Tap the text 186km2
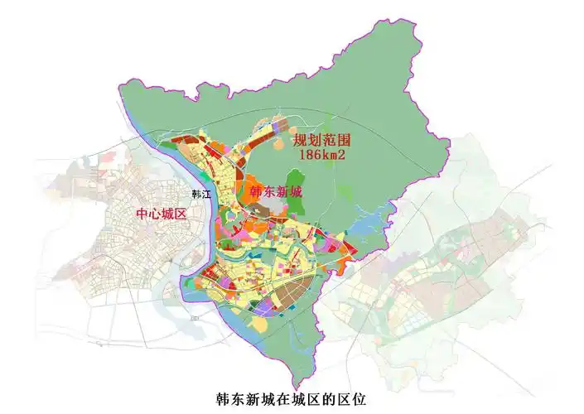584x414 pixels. [x=325, y=154]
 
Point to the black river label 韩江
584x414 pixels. [x=202, y=195]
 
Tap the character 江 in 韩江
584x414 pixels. [x=208, y=195]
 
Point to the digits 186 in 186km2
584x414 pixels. [x=311, y=154]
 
